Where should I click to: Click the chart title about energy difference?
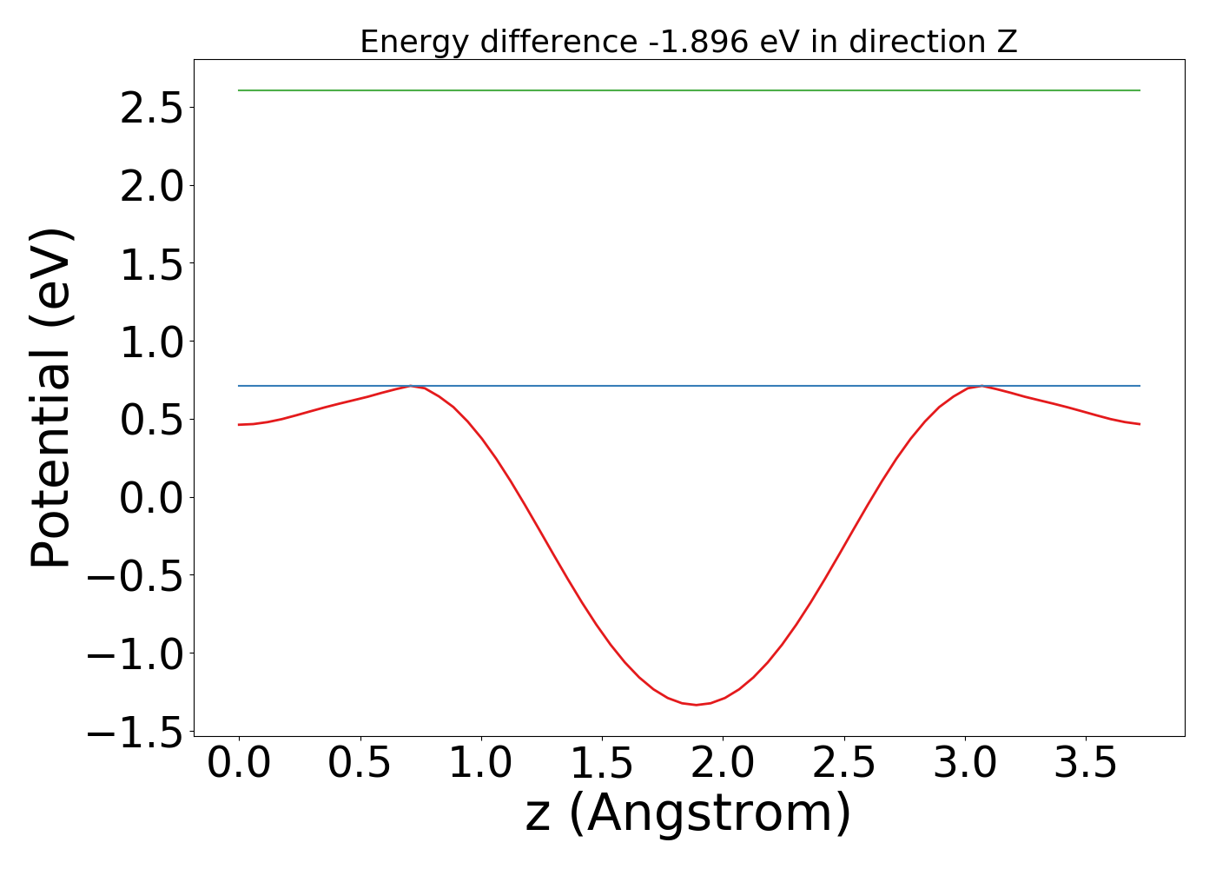click(688, 42)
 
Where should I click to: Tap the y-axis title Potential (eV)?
click(50, 398)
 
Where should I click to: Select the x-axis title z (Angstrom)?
click(688, 813)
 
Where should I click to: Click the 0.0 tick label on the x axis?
click(239, 764)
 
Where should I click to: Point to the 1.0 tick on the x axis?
click(481, 764)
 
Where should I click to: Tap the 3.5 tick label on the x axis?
click(1087, 764)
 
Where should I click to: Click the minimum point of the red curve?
click(696, 705)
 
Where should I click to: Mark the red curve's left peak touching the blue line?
click(411, 386)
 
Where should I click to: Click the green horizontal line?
click(688, 90)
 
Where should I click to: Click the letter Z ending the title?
click(1008, 42)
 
